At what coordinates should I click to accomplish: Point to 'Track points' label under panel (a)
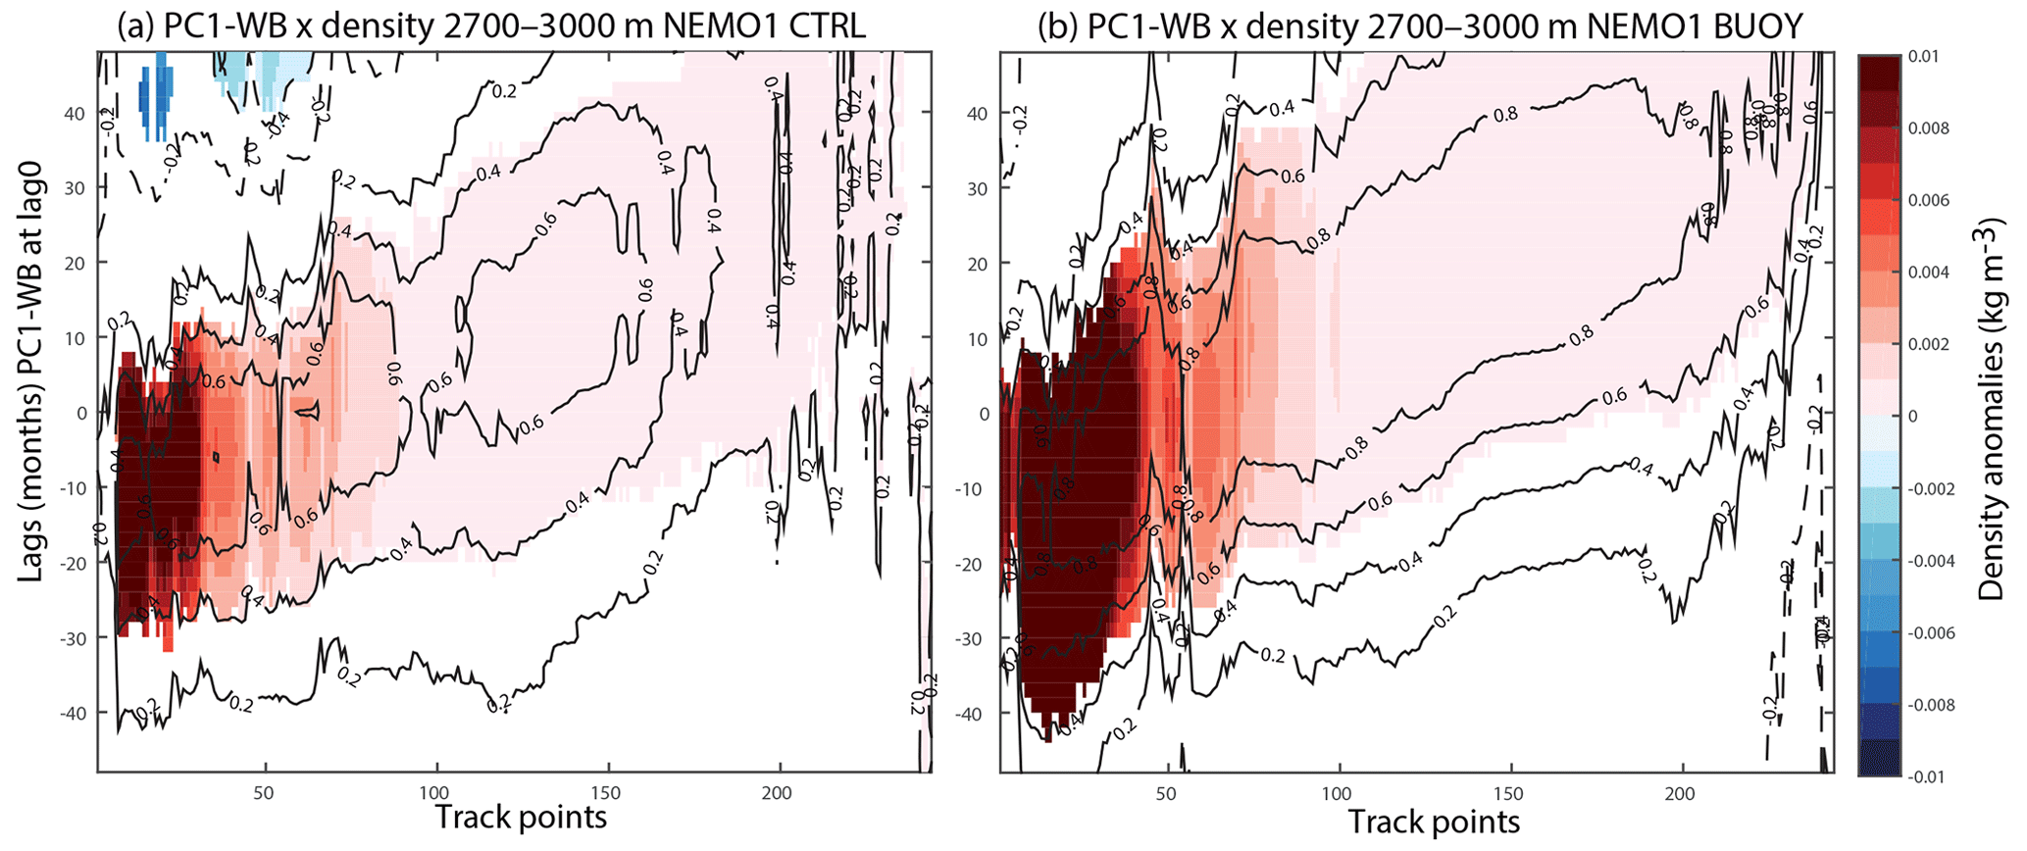(x=521, y=817)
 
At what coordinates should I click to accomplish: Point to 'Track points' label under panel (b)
(x=1434, y=821)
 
